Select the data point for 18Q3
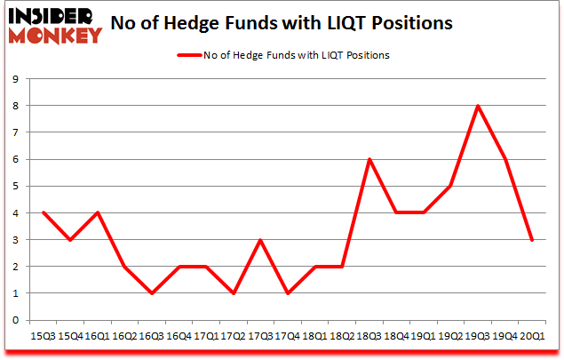pyautogui.click(x=368, y=159)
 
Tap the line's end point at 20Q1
pyautogui.click(x=533, y=240)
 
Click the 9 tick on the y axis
pyautogui.click(x=15, y=79)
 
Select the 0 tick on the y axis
pyautogui.click(x=15, y=320)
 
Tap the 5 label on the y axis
pyautogui.click(x=15, y=186)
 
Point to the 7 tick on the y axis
pyautogui.click(x=15, y=132)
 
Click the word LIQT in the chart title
pyautogui.click(x=389, y=22)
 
